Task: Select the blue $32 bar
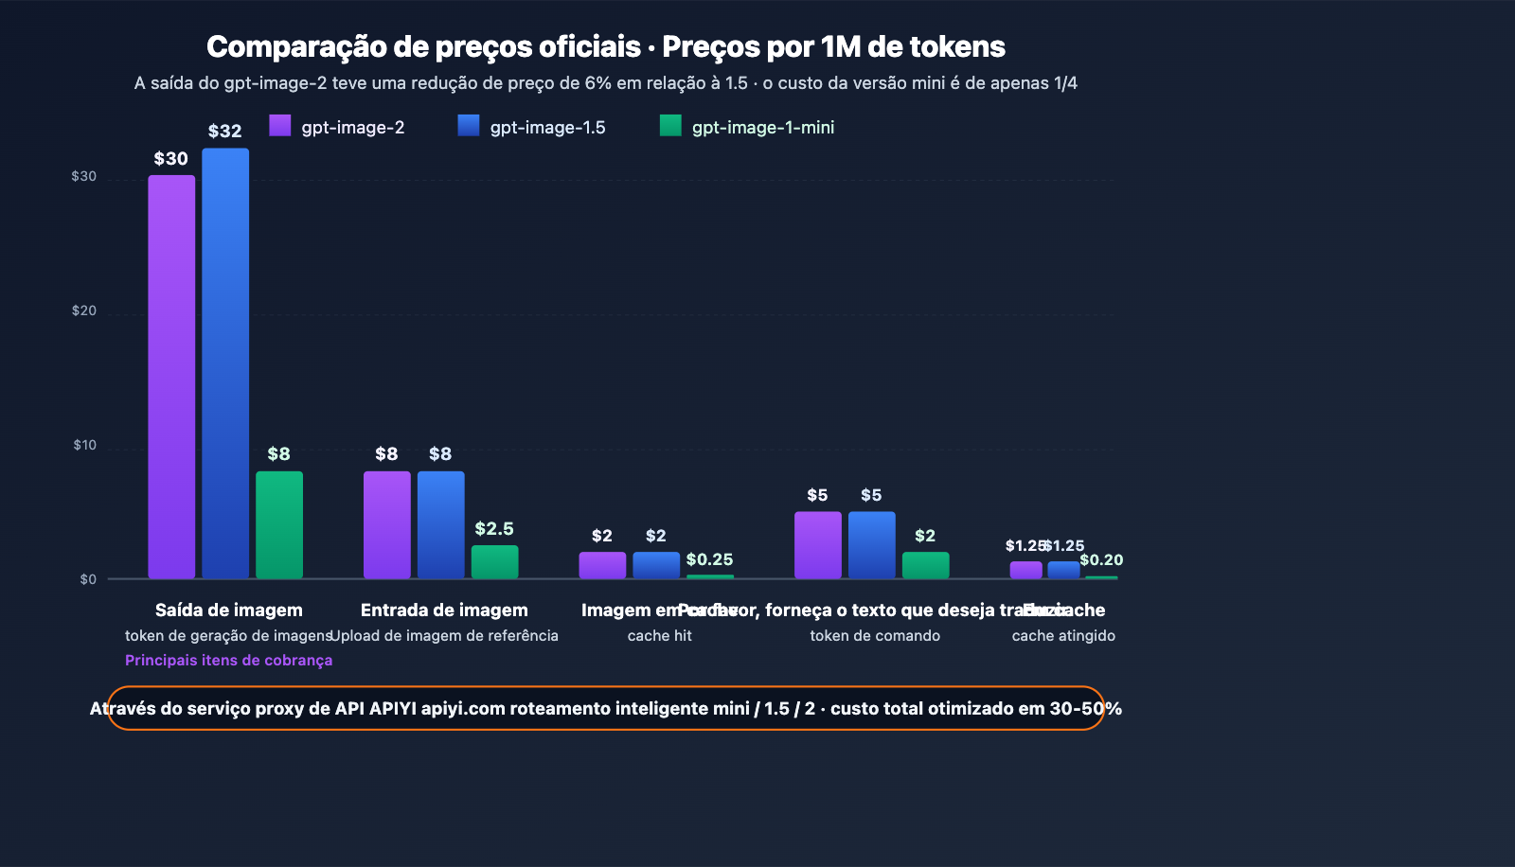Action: pos(225,363)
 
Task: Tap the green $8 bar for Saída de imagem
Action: pos(279,525)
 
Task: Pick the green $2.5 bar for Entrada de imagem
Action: pos(494,562)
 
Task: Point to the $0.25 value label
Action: pos(709,559)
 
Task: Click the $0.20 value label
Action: pos(1101,559)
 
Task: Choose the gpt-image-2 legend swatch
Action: pos(280,126)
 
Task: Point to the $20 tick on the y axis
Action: pos(84,310)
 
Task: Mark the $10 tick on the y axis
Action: pos(85,445)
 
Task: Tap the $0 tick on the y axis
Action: pos(88,579)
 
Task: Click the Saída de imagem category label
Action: pos(229,610)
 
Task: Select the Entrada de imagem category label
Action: pos(444,610)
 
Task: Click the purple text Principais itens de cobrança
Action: pos(228,660)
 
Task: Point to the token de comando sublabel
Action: pos(875,636)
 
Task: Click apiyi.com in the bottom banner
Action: pos(463,709)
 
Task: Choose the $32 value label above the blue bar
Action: pos(225,132)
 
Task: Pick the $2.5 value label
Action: pos(494,528)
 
